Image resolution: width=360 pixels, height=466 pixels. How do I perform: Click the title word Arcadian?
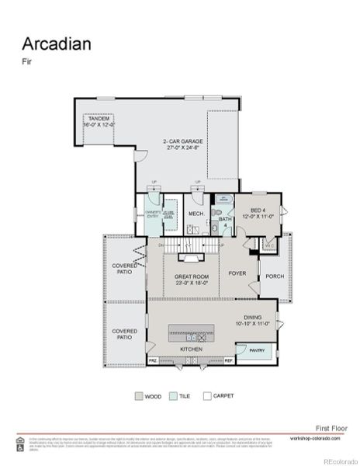(x=56, y=43)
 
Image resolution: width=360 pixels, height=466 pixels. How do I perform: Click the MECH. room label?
(x=196, y=214)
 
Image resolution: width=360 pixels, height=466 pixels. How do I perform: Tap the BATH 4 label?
(x=226, y=223)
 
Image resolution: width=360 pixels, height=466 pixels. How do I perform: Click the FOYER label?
(x=237, y=273)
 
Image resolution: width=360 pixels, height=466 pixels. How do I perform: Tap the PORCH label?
(x=275, y=276)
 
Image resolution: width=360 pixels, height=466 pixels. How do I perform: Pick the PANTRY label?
(x=258, y=349)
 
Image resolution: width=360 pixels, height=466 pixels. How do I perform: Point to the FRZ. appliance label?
(x=153, y=361)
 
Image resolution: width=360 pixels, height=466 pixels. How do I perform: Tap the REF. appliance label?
(x=229, y=361)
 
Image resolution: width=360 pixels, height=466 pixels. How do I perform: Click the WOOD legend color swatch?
(x=140, y=395)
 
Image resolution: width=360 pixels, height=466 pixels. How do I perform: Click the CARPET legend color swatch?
(x=206, y=395)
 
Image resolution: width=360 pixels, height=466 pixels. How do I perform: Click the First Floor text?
(x=331, y=428)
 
